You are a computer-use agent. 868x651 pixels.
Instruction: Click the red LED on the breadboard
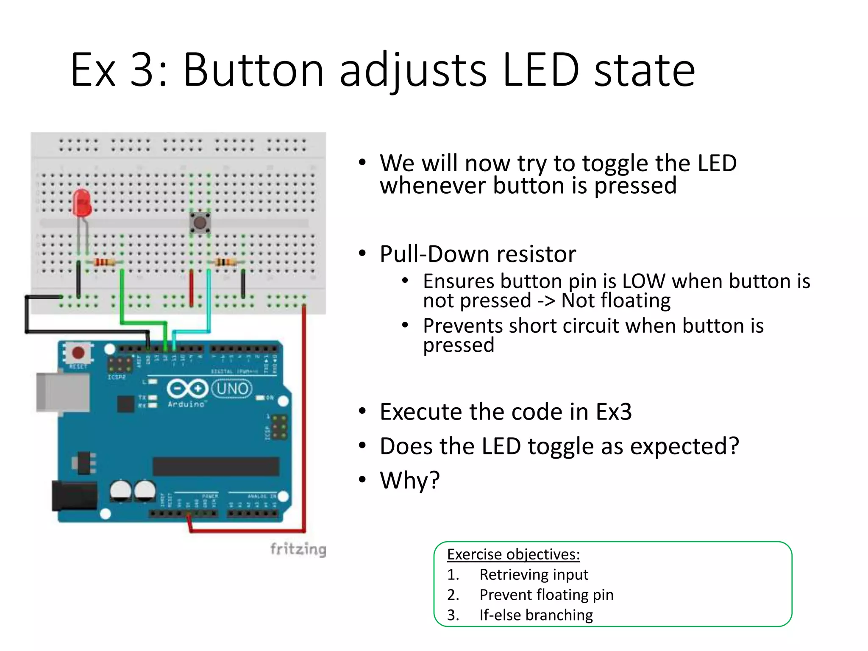[x=82, y=203]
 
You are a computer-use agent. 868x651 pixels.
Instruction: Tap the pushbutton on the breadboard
[x=200, y=223]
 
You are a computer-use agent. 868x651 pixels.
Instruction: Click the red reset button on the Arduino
[x=78, y=353]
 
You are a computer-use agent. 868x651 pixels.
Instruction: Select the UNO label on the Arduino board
[x=232, y=389]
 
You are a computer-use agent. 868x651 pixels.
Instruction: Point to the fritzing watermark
[x=298, y=549]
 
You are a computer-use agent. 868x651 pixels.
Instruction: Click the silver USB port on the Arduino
[x=62, y=392]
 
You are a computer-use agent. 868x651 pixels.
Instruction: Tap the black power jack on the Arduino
[x=74, y=495]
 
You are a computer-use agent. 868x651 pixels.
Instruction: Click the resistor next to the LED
[x=104, y=262]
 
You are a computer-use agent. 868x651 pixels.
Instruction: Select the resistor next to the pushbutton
[x=225, y=262]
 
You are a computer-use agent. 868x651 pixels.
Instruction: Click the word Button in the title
[x=253, y=70]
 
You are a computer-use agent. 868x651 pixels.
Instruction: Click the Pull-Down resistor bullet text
[x=478, y=254]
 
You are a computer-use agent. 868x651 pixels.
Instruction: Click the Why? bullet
[x=410, y=480]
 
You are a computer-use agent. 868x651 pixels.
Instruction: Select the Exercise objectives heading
[x=513, y=554]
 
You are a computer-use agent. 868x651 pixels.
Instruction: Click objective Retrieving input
[x=534, y=575]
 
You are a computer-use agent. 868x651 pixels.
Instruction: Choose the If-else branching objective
[x=536, y=615]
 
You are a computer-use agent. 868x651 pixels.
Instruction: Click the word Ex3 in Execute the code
[x=614, y=412]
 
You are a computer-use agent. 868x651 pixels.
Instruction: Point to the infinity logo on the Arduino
[x=187, y=389]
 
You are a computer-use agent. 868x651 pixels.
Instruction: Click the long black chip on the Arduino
[x=216, y=466]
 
